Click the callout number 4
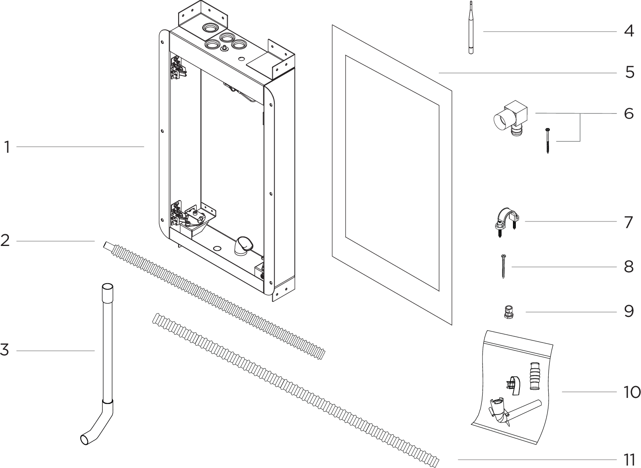[628, 31]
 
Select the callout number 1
[7, 147]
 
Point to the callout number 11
[629, 460]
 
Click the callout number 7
[628, 222]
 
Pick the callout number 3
[5, 350]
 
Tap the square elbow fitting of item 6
[511, 115]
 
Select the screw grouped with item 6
[547, 141]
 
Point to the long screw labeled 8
[503, 266]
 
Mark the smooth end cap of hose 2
[108, 246]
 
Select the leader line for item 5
[527, 73]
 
